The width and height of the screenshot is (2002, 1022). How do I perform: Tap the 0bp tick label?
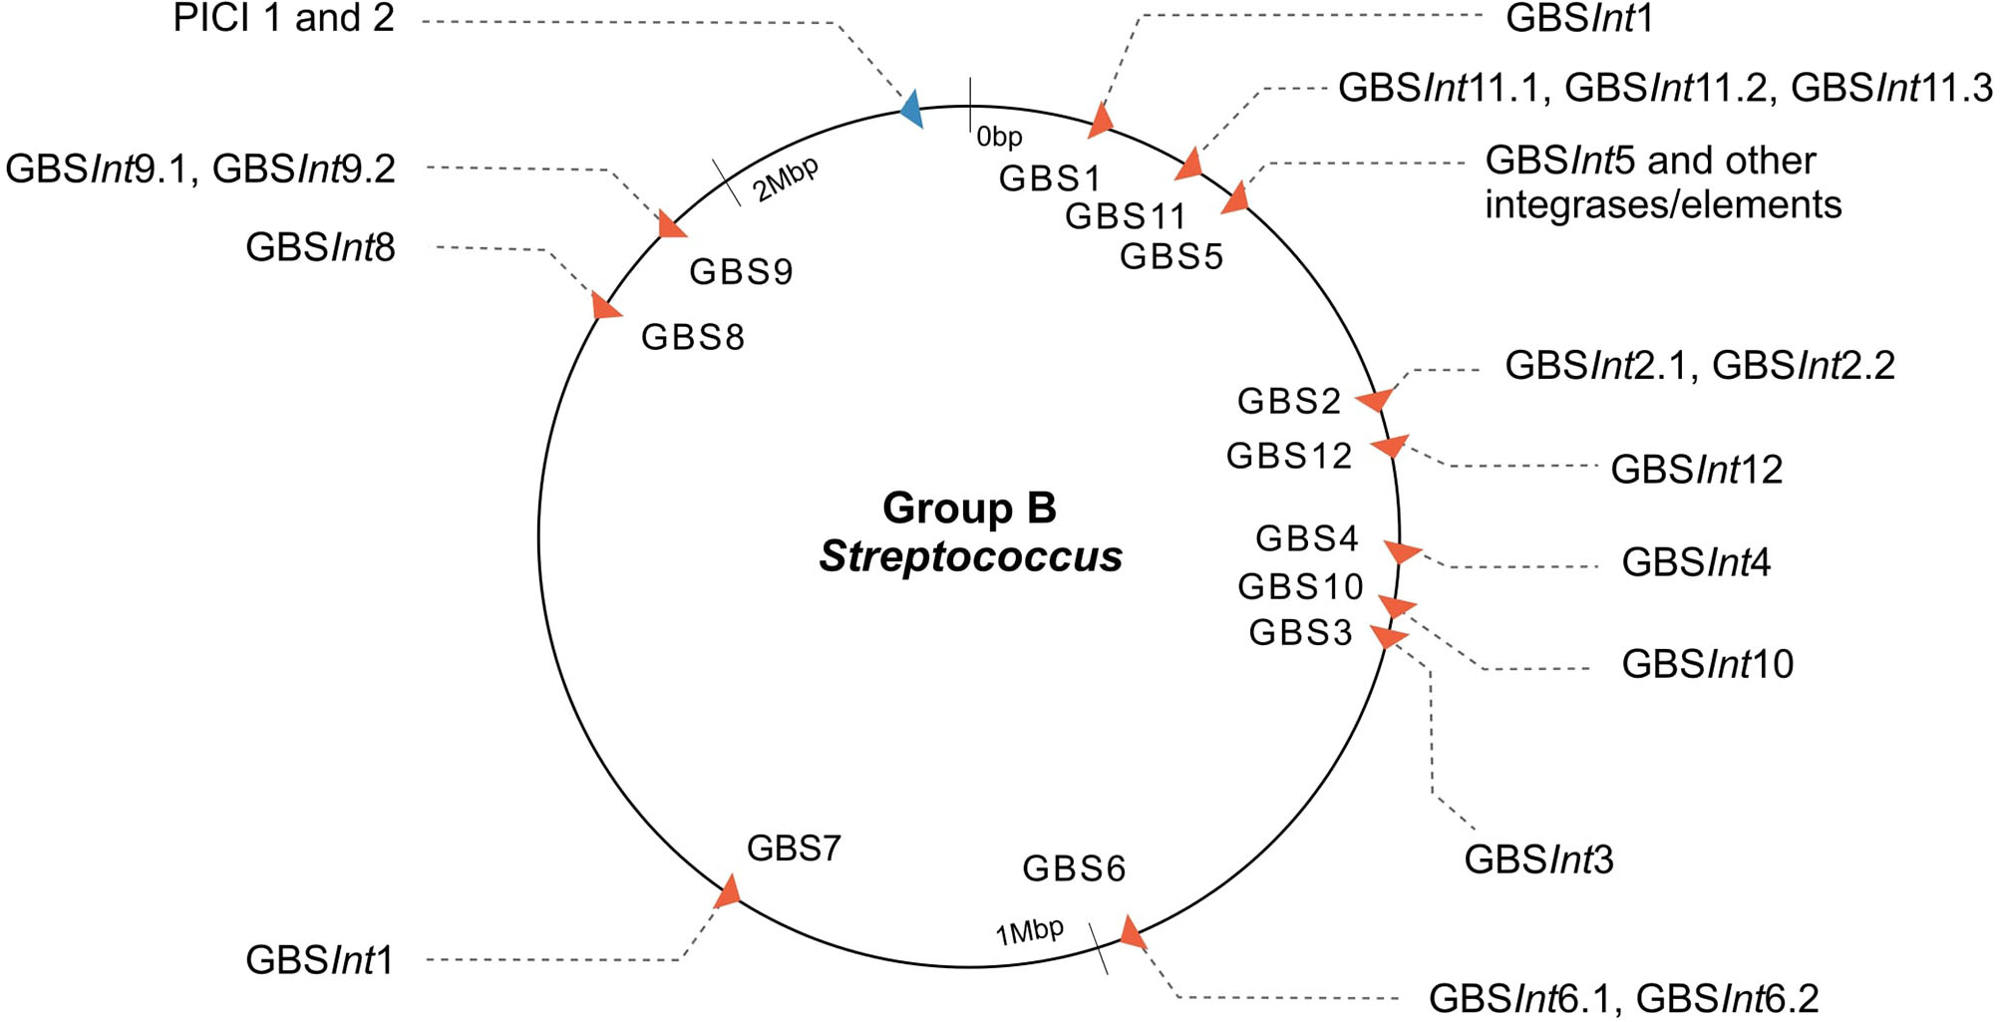click(x=999, y=137)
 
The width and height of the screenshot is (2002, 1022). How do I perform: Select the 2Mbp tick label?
click(x=786, y=179)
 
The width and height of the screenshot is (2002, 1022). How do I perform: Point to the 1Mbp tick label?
click(x=1029, y=932)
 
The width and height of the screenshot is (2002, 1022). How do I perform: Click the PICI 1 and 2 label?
click(x=284, y=19)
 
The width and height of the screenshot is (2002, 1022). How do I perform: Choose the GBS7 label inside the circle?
click(x=794, y=849)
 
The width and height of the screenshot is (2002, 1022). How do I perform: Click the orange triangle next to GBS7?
click(x=729, y=891)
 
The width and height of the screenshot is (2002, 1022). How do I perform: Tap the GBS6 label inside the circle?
click(x=1074, y=868)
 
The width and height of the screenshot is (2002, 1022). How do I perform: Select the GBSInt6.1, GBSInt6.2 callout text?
click(x=1623, y=998)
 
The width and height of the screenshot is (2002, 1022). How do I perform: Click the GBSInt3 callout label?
click(x=1538, y=859)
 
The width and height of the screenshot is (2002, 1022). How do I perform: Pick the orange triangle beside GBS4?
click(x=1402, y=550)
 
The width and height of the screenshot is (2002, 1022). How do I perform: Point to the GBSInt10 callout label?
click(x=1707, y=664)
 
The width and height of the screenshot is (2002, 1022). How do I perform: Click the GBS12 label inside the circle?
click(x=1288, y=456)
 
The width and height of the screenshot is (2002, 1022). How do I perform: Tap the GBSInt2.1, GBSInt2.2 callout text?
click(x=1699, y=366)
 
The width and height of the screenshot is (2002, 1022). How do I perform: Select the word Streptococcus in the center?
click(x=970, y=556)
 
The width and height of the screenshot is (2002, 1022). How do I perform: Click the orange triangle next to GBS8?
click(x=604, y=306)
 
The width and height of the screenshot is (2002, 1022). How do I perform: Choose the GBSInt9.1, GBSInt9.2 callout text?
click(x=200, y=170)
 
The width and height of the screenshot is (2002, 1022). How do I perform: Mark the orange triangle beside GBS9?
click(x=672, y=225)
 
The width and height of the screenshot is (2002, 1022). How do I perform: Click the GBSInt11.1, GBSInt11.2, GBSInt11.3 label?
click(x=1664, y=89)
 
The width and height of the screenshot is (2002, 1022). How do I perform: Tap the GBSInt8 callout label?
click(x=320, y=247)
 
